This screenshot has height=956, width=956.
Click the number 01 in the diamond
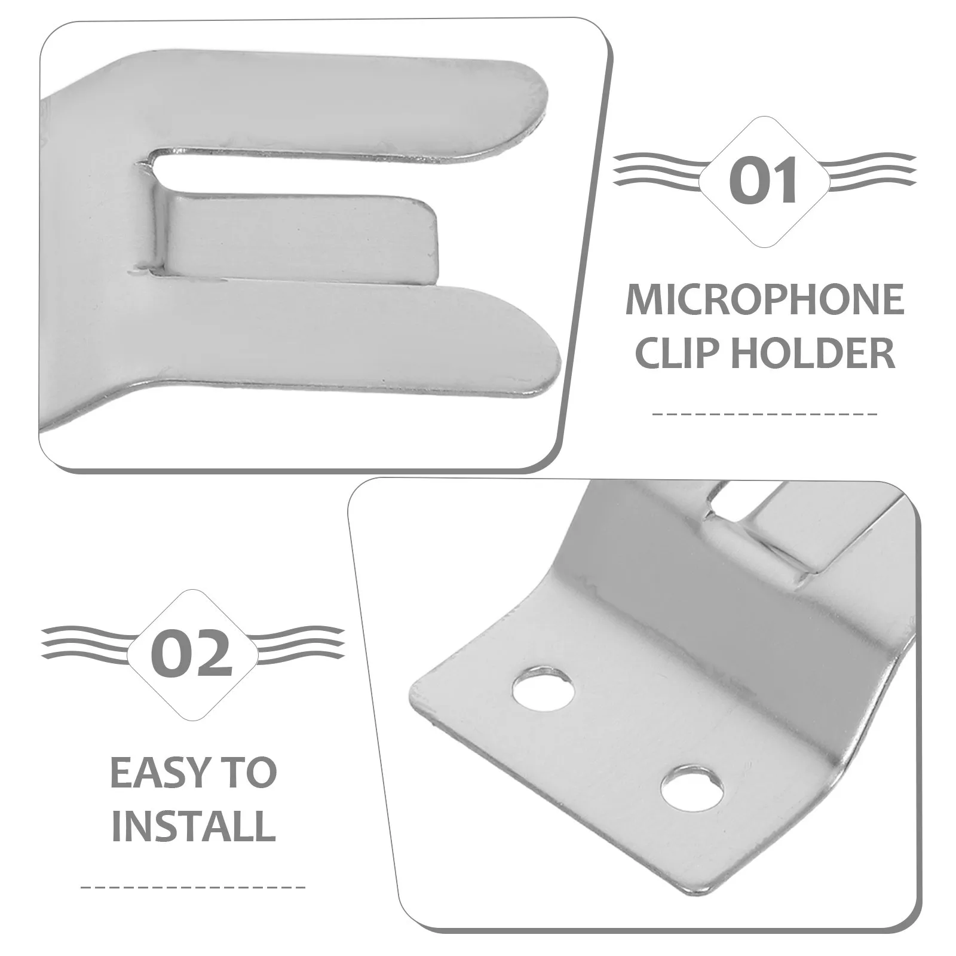[x=765, y=181]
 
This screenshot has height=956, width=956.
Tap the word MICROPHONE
[x=765, y=301]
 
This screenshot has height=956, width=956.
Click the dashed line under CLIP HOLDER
[x=765, y=413]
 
